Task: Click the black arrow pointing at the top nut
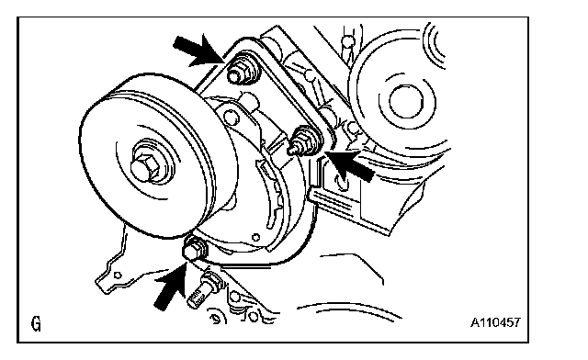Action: pyautogui.click(x=198, y=51)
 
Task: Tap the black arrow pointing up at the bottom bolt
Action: pyautogui.click(x=172, y=286)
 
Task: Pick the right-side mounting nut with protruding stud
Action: pyautogui.click(x=304, y=141)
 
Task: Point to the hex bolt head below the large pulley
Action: pyautogui.click(x=194, y=249)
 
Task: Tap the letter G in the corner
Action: pyautogui.click(x=37, y=323)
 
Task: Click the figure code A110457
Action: pyautogui.click(x=496, y=322)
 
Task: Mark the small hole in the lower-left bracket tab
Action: pyautogui.click(x=118, y=276)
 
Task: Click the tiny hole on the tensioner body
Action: pyautogui.click(x=256, y=237)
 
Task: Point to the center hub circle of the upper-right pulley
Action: pyautogui.click(x=406, y=102)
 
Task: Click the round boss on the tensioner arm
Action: pyautogui.click(x=232, y=118)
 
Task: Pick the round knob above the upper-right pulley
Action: pyautogui.click(x=348, y=40)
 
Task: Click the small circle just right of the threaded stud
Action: pyautogui.click(x=235, y=297)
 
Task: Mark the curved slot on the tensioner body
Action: pyautogui.click(x=270, y=195)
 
